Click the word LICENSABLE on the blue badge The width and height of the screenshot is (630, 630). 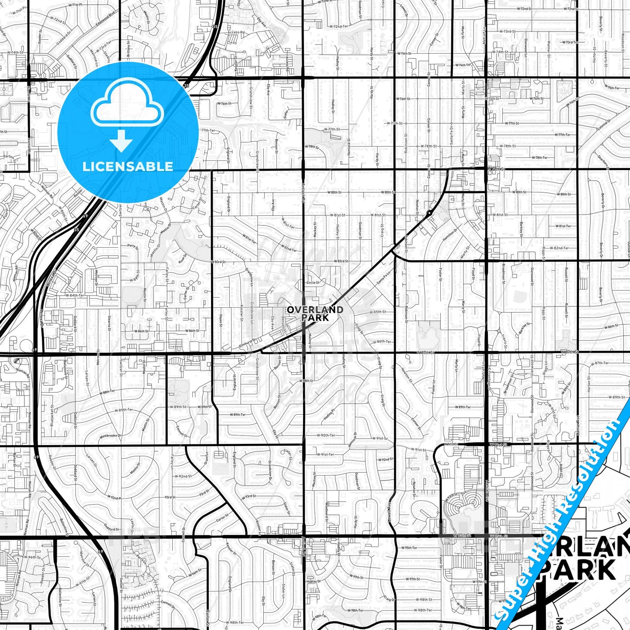point(128,167)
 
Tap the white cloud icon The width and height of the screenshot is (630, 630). point(127,107)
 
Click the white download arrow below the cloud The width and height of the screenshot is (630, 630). point(121,141)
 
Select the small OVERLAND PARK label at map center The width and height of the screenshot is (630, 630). point(315,313)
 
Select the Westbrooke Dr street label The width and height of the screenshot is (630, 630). point(110,436)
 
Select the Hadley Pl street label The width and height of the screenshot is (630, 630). point(328,415)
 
